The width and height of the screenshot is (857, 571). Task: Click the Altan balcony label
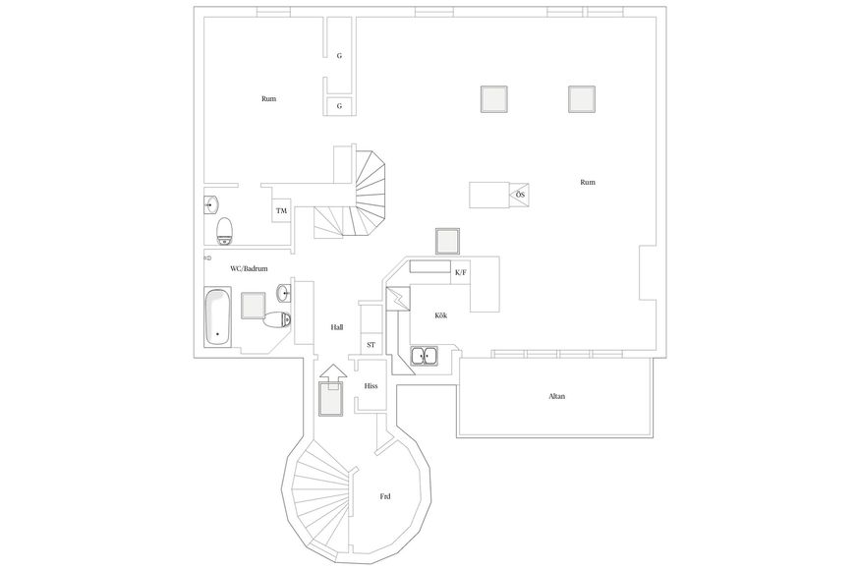tap(556, 396)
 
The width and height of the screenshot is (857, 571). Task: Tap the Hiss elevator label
tap(371, 386)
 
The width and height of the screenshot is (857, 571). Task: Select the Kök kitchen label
tap(440, 315)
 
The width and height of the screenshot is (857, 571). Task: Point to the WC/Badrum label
tap(249, 269)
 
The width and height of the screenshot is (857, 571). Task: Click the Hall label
tap(337, 327)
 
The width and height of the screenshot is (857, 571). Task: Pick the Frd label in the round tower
tap(385, 496)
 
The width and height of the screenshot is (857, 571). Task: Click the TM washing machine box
tap(281, 211)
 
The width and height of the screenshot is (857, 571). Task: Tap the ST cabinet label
tap(371, 345)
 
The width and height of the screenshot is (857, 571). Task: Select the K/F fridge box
tap(460, 272)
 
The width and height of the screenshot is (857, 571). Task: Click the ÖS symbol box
tap(519, 195)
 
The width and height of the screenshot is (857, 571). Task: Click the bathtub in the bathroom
tap(217, 316)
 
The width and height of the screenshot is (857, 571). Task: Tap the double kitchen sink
tap(425, 356)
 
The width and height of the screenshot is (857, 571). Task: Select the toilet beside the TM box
tap(224, 231)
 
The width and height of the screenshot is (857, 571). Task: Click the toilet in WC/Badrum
tap(277, 318)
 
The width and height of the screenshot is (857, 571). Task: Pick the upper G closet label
tap(339, 56)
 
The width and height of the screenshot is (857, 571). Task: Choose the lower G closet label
tap(339, 106)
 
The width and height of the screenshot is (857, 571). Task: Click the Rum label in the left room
tap(268, 99)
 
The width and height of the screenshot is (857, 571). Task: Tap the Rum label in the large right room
tap(588, 182)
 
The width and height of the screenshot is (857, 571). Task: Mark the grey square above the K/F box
tap(447, 241)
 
